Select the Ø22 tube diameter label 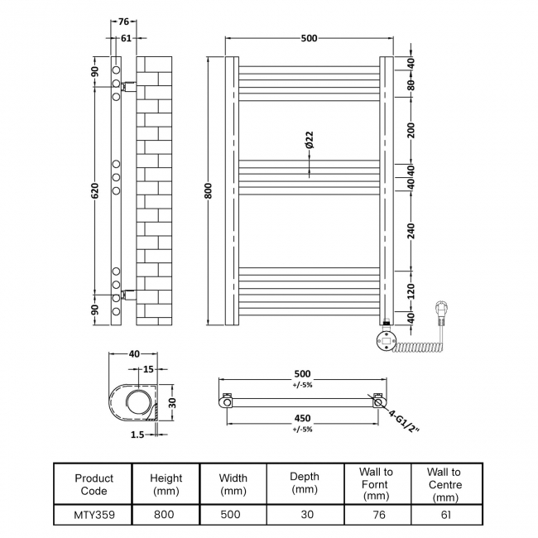(x=309, y=140)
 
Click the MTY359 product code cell (x=94, y=514)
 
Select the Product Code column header (x=94, y=484)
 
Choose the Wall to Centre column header (x=445, y=484)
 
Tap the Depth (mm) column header (x=305, y=483)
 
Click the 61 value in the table (x=445, y=514)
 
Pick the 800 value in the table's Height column (x=166, y=514)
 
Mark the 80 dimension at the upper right (x=411, y=83)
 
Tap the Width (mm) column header (x=233, y=484)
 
